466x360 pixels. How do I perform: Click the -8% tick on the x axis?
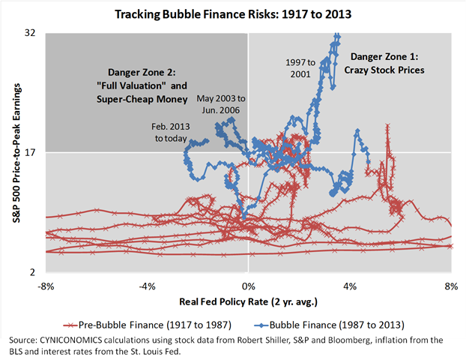coord(46,286)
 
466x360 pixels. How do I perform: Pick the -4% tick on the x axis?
coord(147,286)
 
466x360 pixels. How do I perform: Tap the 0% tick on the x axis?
coord(249,286)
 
